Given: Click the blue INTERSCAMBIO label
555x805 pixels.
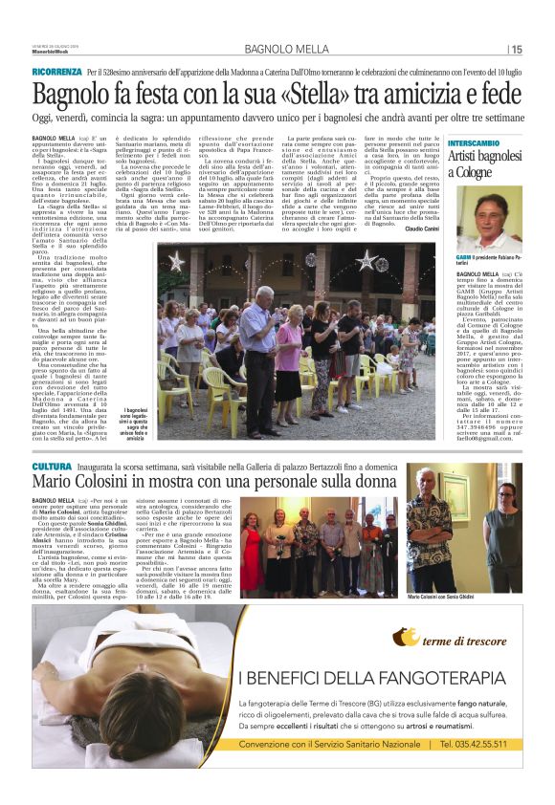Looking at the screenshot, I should tap(472, 142).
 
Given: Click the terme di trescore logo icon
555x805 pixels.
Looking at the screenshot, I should tap(406, 637).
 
